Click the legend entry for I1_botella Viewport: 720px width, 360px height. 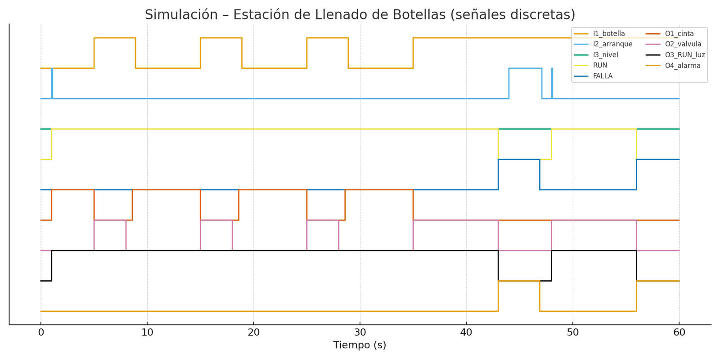(608, 34)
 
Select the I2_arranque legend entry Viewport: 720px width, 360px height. (612, 44)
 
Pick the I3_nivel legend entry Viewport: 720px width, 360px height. (605, 55)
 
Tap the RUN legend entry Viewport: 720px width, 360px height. (600, 65)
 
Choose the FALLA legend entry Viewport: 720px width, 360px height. (603, 76)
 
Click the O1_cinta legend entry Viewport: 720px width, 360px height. (679, 34)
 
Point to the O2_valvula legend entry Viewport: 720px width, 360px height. (683, 44)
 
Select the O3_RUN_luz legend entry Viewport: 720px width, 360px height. (684, 55)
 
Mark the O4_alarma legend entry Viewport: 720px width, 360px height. (682, 65)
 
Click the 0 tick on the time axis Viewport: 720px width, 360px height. (41, 333)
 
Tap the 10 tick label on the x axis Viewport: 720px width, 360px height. (147, 333)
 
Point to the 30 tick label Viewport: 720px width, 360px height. (360, 333)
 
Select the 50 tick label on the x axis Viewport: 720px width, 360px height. (573, 333)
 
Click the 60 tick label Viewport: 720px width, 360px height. (679, 333)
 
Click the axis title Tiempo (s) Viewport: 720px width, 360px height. (360, 345)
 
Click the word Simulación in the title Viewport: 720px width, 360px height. (175, 15)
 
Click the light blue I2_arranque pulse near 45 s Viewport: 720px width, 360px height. (525, 68)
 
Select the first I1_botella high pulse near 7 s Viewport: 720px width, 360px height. (115, 38)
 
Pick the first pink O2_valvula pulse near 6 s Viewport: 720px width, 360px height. (110, 220)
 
